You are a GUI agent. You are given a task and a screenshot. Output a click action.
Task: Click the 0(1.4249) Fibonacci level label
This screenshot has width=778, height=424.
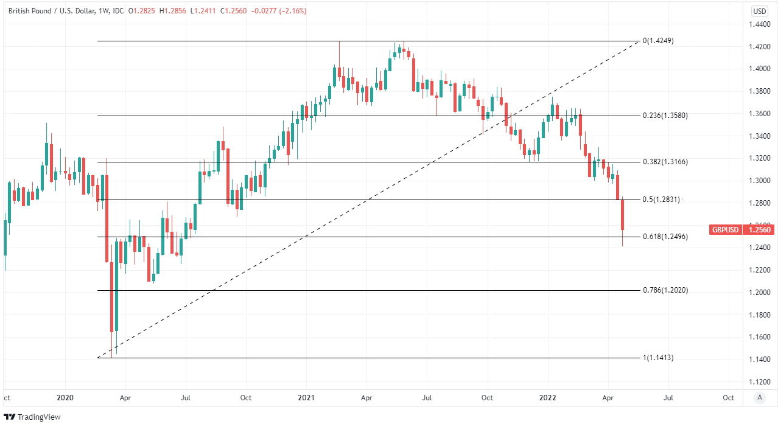(658, 41)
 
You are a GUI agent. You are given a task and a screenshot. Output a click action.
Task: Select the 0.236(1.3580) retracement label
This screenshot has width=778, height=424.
(665, 116)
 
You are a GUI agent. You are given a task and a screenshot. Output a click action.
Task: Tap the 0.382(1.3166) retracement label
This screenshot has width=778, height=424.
(665, 162)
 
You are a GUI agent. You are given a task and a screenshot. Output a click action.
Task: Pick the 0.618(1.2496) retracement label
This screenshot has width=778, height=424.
(665, 237)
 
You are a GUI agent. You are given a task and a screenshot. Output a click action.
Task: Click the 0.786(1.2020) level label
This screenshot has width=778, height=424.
(665, 290)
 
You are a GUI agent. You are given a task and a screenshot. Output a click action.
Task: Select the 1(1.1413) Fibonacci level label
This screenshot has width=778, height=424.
(658, 358)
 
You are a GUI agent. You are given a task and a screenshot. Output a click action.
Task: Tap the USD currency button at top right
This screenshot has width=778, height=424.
(760, 11)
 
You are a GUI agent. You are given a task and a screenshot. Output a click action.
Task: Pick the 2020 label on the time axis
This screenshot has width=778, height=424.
(65, 398)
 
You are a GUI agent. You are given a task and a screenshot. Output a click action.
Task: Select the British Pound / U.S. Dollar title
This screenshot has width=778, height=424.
(51, 11)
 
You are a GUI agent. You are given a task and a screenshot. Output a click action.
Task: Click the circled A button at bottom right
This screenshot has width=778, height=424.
(759, 398)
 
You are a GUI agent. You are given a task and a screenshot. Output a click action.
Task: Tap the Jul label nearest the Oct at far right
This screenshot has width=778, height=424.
(668, 398)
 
